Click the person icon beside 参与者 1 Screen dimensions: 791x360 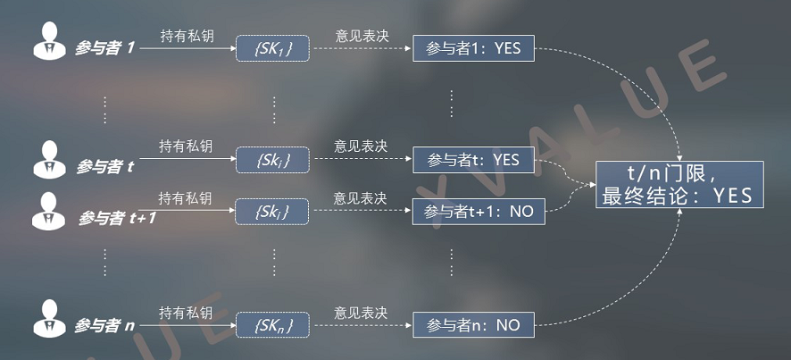49,40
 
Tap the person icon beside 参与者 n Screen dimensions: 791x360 49,319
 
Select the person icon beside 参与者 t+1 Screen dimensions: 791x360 48,211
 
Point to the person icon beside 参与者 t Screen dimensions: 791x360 49,160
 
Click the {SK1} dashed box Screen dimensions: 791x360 272,48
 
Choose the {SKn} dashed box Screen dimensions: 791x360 272,324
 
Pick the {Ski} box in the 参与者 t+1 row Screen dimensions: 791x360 272,212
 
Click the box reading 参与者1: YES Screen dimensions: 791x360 474,48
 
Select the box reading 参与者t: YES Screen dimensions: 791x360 474,160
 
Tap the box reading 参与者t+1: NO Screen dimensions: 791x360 479,212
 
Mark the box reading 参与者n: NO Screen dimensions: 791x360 474,324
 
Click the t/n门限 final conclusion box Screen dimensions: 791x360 679,185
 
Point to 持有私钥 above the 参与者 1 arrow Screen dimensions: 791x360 187,36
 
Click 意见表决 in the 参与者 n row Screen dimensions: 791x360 361,313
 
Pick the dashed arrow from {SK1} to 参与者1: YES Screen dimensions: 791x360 362,49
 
